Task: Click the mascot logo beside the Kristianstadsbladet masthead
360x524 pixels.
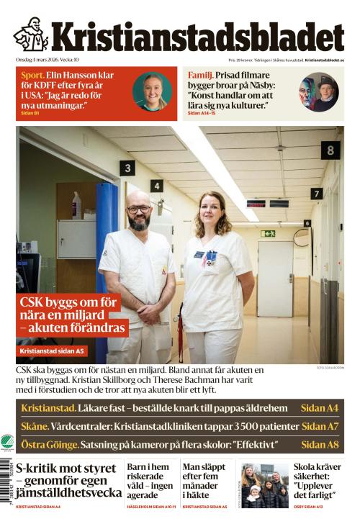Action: [x=30, y=35]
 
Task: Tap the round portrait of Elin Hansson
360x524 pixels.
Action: [x=152, y=91]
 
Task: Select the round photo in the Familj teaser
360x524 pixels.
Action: [x=318, y=91]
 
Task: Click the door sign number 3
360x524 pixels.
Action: [x=128, y=168]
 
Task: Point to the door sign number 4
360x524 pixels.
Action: [x=156, y=186]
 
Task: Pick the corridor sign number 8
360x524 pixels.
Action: [x=330, y=150]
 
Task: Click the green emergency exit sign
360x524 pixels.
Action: [x=268, y=233]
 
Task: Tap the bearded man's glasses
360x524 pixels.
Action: [x=139, y=209]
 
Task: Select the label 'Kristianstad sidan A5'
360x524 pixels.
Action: [x=53, y=351]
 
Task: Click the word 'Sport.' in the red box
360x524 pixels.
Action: [x=33, y=75]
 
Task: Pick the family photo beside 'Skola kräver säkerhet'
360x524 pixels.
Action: [x=264, y=485]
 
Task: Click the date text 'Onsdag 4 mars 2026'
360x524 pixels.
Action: [x=37, y=60]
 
